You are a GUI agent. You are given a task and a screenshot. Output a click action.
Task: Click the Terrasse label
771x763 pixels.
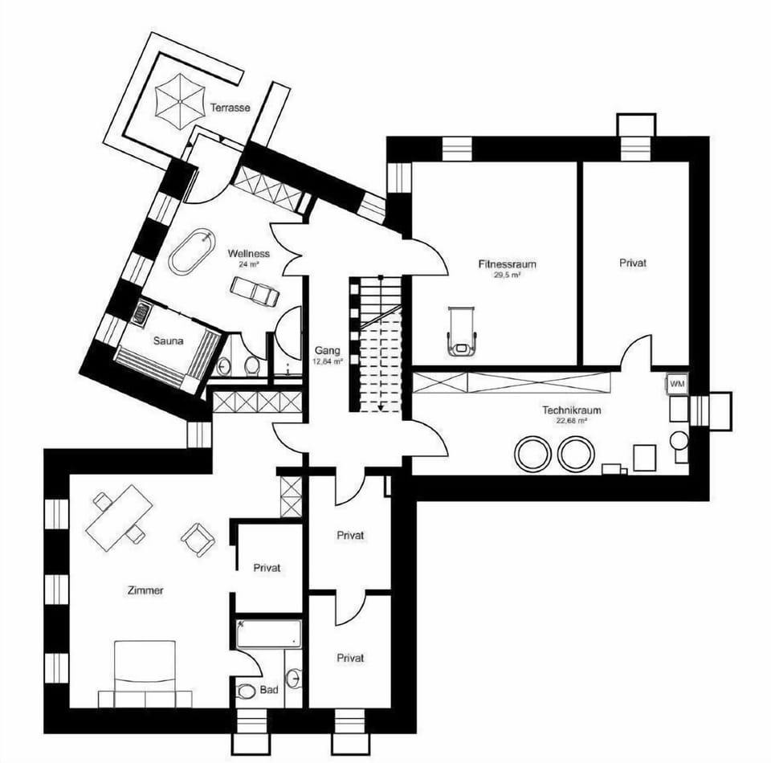(230, 108)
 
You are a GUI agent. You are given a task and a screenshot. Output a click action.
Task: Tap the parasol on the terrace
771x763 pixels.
(180, 102)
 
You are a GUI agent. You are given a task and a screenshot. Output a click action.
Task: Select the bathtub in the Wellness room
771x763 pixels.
(192, 251)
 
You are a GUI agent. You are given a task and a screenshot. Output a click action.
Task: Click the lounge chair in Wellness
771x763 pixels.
(255, 291)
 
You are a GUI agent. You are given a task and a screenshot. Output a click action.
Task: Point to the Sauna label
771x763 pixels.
(168, 341)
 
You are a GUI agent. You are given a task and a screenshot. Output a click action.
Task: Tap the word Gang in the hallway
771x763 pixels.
(328, 350)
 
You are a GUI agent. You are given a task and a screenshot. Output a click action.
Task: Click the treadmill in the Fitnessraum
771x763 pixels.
(463, 330)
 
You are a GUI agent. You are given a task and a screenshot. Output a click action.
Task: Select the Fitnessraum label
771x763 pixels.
(507, 264)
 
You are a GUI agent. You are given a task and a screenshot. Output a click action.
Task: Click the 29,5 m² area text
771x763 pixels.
(507, 275)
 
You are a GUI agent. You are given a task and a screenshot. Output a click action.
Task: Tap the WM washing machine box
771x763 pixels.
(677, 384)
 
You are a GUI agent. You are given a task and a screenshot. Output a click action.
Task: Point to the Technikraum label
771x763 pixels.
(571, 410)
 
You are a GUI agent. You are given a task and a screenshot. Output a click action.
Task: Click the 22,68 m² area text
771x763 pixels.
(571, 421)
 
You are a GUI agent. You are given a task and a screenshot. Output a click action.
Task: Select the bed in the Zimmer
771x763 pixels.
(145, 674)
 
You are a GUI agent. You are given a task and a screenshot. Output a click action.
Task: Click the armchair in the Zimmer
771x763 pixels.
(198, 539)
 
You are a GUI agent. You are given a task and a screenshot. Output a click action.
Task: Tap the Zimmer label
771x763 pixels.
(145, 590)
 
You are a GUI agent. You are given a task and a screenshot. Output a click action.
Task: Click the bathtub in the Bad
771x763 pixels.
(268, 634)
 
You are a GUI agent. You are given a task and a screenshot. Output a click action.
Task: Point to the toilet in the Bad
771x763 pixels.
(244, 692)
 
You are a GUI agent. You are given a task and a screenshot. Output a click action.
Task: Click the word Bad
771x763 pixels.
(269, 690)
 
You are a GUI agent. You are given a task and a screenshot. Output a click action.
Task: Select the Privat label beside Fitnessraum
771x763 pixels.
(633, 263)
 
